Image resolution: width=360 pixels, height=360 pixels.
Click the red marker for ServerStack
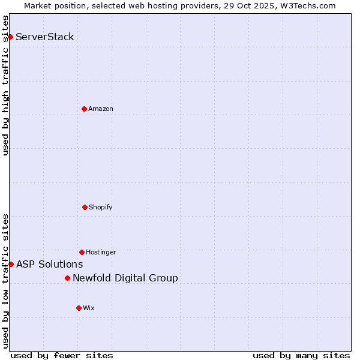pyautogui.click(x=10, y=37)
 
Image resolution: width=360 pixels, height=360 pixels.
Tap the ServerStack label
pyautogui.click(x=45, y=37)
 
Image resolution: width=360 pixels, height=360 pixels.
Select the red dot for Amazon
pyautogui.click(x=84, y=109)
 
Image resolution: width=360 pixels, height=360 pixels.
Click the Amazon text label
pyautogui.click(x=101, y=109)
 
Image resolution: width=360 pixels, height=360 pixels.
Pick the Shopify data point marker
pyautogui.click(x=85, y=207)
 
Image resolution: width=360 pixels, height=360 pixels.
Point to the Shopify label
pyautogui.click(x=101, y=207)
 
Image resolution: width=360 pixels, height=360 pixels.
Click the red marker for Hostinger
pyautogui.click(x=82, y=252)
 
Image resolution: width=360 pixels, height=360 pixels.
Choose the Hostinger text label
pyautogui.click(x=101, y=252)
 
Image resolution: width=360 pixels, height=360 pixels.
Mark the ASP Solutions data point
pyautogui.click(x=11, y=264)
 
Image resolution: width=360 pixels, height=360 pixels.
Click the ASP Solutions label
pyautogui.click(x=50, y=264)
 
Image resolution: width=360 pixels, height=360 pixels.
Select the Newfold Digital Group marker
pyautogui.click(x=67, y=278)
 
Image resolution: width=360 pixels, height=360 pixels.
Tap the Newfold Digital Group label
pyautogui.click(x=125, y=278)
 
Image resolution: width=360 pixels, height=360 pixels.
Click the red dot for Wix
pyautogui.click(x=79, y=308)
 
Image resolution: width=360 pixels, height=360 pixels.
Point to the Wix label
pyautogui.click(x=89, y=308)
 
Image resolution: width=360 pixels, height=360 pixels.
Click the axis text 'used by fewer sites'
pyautogui.click(x=62, y=355)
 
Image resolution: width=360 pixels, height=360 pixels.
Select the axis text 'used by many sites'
pyautogui.click(x=301, y=355)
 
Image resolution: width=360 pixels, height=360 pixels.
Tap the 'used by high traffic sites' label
pyautogui.click(x=5, y=85)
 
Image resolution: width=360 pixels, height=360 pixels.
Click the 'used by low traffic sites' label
pyautogui.click(x=5, y=281)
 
